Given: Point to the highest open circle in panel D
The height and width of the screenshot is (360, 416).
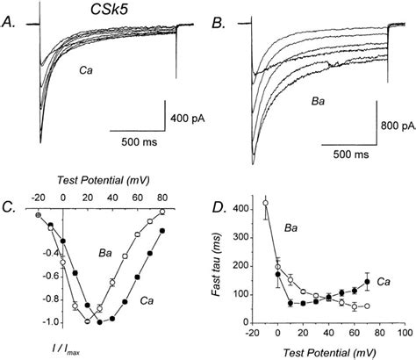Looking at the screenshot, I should (x=266, y=205).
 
